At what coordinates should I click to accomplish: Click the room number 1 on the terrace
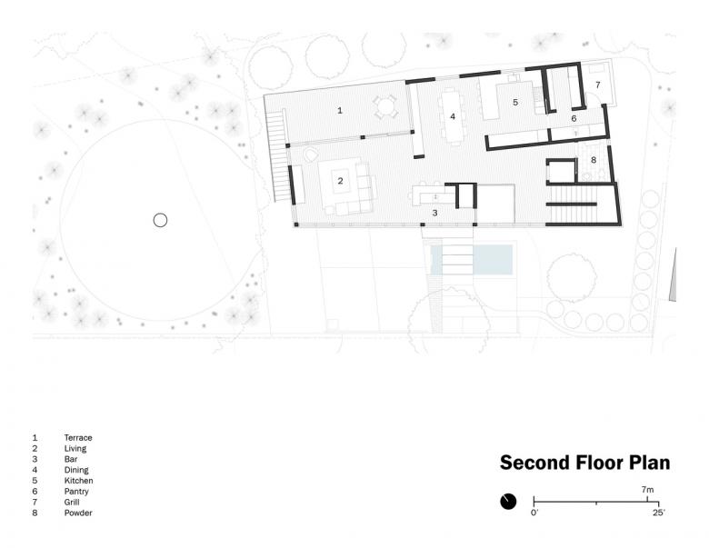coord(340,110)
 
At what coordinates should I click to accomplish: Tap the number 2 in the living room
coord(341,181)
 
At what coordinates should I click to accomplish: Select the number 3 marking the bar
coord(435,213)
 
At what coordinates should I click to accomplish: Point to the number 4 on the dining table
coord(453,116)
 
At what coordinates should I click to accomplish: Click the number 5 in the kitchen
coord(515,102)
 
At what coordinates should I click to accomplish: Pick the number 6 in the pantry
coord(574,118)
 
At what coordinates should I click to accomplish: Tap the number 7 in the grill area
coord(598,85)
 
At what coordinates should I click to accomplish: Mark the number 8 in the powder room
coord(594,160)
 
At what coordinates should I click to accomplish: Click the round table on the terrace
coord(385,106)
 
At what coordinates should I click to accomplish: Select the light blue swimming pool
coord(472,260)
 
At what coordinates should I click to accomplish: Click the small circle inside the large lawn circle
coord(161,220)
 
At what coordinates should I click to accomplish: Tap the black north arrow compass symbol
coord(508,502)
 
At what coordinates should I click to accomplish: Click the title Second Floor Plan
coord(585,463)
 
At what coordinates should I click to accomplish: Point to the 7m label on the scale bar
coord(647,490)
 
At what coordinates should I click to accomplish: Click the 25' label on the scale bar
coord(659,513)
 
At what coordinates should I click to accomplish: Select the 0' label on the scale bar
coord(534,513)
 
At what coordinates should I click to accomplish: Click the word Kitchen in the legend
coord(79,481)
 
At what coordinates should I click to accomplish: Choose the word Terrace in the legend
coord(78,438)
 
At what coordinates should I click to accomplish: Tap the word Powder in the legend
coord(78,513)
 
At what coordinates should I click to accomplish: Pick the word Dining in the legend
coord(76,470)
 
